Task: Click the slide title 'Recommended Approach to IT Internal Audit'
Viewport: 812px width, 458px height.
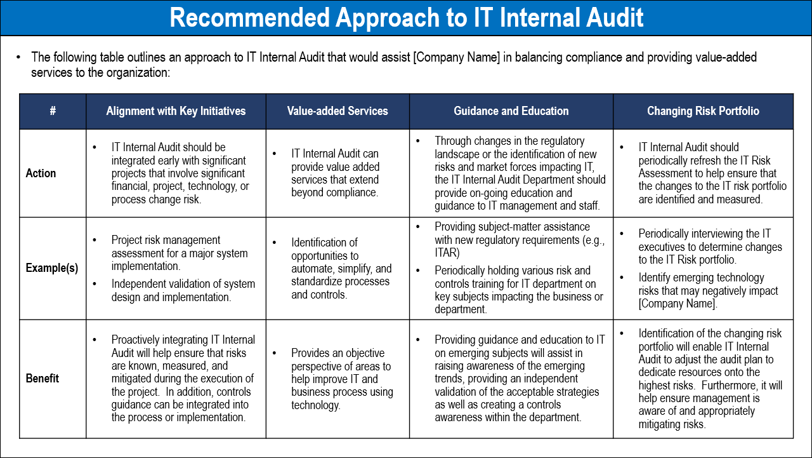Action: [x=406, y=18]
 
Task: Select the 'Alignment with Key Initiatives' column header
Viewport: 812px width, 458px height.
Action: [x=176, y=111]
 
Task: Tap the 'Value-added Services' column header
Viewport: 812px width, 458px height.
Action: [x=337, y=111]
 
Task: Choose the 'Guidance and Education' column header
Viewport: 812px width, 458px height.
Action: [x=511, y=111]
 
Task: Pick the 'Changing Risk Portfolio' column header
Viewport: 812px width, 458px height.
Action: [x=703, y=111]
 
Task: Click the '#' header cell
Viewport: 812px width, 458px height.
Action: [x=53, y=111]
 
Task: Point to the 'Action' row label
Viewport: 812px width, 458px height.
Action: [x=41, y=173]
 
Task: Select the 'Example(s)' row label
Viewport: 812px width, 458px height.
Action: [x=52, y=268]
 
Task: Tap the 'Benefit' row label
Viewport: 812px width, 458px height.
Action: [x=43, y=379]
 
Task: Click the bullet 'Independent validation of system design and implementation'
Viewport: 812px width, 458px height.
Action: [x=183, y=290]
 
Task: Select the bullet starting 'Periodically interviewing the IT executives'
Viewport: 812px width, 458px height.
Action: [x=710, y=247]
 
